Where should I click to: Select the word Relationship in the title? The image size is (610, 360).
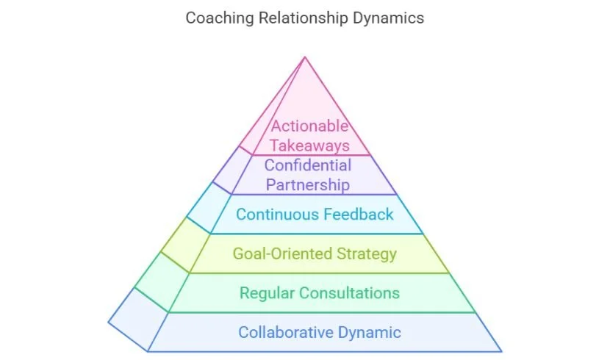300,18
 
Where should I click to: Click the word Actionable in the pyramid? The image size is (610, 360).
309,126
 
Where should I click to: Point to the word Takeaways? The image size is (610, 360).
309,145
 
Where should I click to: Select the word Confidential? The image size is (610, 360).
308,165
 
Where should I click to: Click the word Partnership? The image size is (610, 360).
308,184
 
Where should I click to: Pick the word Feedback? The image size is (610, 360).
359,215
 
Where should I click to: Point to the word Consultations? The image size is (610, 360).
348,293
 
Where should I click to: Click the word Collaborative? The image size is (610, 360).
285,332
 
